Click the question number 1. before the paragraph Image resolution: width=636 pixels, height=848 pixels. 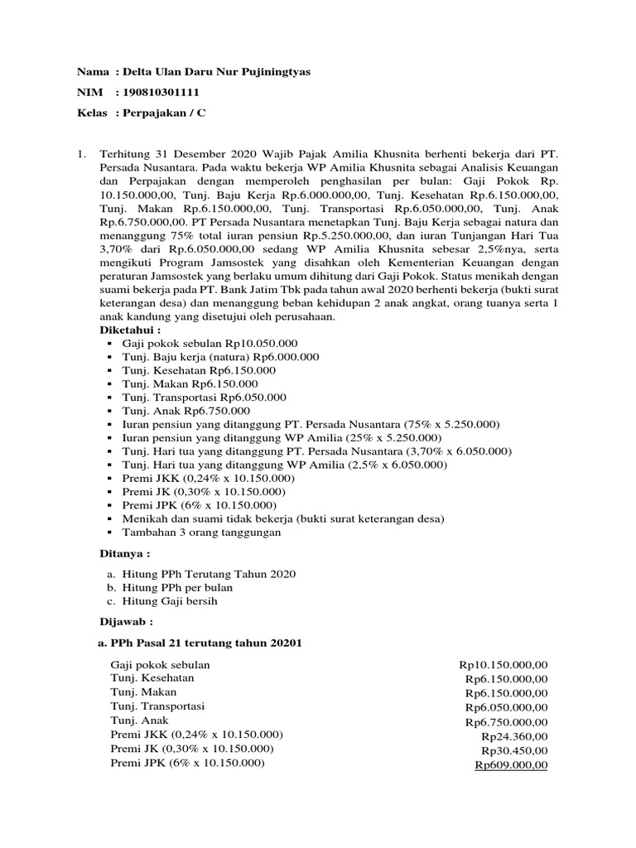click(x=81, y=154)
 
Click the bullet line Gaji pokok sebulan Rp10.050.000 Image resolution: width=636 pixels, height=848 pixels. click(x=210, y=343)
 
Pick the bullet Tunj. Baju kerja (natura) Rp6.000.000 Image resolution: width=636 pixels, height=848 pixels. click(x=220, y=357)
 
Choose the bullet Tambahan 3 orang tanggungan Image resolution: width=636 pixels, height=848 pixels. click(x=201, y=532)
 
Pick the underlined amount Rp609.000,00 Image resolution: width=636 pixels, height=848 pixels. click(x=511, y=765)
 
